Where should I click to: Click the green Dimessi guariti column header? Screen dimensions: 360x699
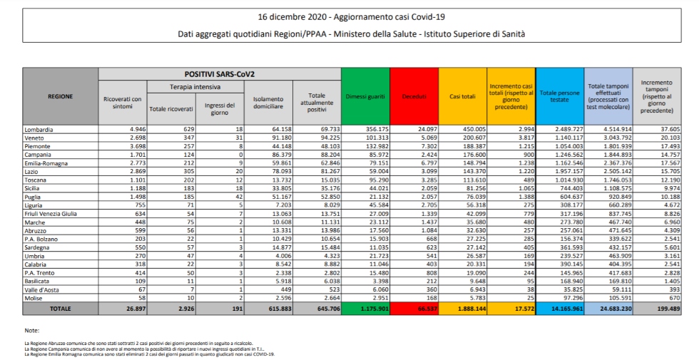pyautogui.click(x=365, y=96)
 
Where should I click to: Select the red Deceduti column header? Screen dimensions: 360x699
pyautogui.click(x=413, y=96)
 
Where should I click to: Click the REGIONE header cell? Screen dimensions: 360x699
pyautogui.click(x=60, y=96)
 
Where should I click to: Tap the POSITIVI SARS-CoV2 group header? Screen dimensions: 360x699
pyautogui.click(x=220, y=73)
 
